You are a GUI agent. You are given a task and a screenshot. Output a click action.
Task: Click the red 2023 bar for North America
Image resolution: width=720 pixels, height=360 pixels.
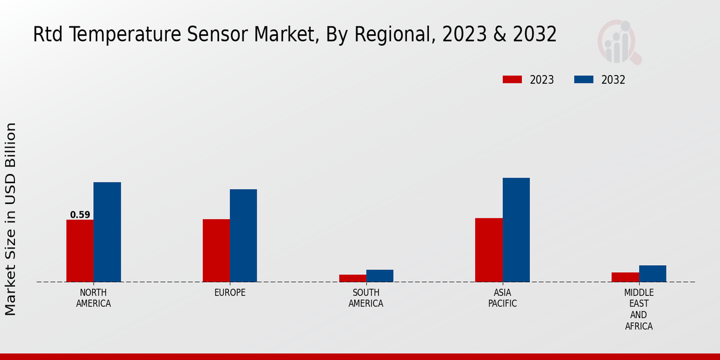click(80, 251)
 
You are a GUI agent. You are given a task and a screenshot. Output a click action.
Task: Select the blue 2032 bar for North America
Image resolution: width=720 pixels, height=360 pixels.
click(107, 232)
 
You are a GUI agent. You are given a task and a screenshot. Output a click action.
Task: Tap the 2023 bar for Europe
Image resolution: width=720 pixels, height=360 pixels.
click(216, 251)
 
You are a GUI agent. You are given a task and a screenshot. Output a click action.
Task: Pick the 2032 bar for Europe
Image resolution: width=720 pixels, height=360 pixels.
click(243, 236)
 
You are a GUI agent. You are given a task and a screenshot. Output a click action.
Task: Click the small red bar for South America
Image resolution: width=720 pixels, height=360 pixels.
click(352, 278)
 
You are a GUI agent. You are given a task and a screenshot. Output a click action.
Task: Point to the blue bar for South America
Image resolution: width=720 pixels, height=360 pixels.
click(380, 276)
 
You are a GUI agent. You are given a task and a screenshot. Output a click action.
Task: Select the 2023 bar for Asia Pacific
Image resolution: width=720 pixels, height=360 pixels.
click(488, 250)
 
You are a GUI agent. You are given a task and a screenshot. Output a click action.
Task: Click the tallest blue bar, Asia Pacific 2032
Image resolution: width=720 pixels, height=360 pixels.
click(516, 230)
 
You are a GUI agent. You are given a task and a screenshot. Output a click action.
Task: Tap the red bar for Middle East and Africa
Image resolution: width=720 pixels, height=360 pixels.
click(625, 277)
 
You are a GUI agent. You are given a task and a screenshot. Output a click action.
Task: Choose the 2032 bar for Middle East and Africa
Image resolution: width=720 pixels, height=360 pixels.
click(652, 274)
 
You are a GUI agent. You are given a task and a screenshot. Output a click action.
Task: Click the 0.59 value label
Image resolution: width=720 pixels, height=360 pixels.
click(80, 215)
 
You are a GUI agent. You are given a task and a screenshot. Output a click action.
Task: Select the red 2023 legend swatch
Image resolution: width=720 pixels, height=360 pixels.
click(512, 80)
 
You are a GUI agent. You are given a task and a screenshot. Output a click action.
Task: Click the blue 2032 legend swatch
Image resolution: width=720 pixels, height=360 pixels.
click(584, 80)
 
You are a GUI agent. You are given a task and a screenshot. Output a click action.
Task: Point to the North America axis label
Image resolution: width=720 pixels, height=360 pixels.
click(94, 298)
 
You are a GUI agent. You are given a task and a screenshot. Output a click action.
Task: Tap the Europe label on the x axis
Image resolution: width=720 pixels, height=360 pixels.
click(230, 293)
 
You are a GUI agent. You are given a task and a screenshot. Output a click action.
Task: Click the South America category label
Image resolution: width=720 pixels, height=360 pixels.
click(366, 298)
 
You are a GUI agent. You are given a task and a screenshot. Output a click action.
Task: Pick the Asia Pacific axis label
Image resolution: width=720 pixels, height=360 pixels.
click(502, 298)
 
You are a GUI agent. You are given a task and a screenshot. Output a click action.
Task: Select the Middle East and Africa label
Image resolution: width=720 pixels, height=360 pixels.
click(638, 310)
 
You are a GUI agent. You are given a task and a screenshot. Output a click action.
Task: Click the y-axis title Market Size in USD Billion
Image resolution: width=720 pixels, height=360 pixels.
click(11, 219)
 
